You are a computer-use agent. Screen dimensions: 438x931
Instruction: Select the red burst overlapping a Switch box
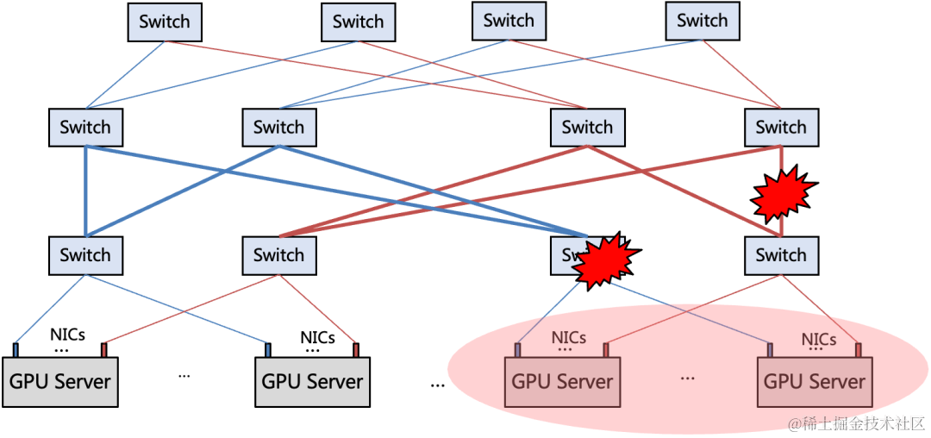pos(606,260)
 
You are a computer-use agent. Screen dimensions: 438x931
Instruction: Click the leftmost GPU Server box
pos(60,381)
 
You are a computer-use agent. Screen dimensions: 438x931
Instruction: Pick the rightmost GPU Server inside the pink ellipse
pos(815,381)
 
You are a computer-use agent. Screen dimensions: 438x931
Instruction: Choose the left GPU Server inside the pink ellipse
pos(562,381)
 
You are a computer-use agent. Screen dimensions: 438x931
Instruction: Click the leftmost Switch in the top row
pos(165,22)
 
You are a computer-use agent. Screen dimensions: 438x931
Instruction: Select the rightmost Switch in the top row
pos(702,21)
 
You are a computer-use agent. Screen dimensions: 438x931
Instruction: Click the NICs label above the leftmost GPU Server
pos(67,335)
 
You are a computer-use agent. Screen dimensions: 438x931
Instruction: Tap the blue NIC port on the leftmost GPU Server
pos(16,349)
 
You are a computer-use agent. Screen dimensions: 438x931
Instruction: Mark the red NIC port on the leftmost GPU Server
pos(104,349)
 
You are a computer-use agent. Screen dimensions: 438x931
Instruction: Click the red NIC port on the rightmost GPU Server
pos(859,349)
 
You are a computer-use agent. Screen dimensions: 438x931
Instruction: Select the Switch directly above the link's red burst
pos(781,128)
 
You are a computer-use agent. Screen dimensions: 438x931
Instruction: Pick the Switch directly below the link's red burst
pos(781,255)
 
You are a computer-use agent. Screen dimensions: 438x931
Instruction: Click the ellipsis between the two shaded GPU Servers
pos(688,376)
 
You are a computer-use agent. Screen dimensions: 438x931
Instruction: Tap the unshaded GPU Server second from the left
pos(312,381)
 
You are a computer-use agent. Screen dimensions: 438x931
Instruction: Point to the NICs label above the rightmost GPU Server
pos(819,340)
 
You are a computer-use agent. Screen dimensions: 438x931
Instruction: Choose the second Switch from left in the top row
pos(358,22)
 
